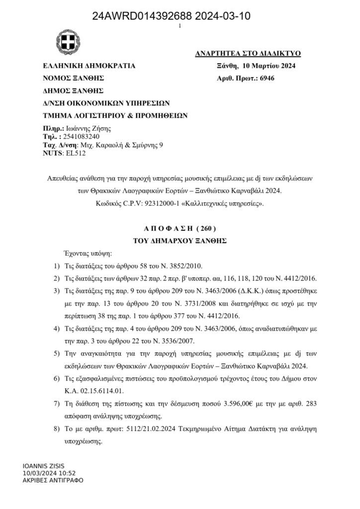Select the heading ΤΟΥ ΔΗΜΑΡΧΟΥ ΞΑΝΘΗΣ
coord(180,240)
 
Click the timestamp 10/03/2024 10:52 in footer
coord(49,474)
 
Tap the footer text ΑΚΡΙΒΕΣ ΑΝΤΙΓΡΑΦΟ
coord(53,480)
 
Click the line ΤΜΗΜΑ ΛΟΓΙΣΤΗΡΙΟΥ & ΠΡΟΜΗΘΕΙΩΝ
coord(115,115)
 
